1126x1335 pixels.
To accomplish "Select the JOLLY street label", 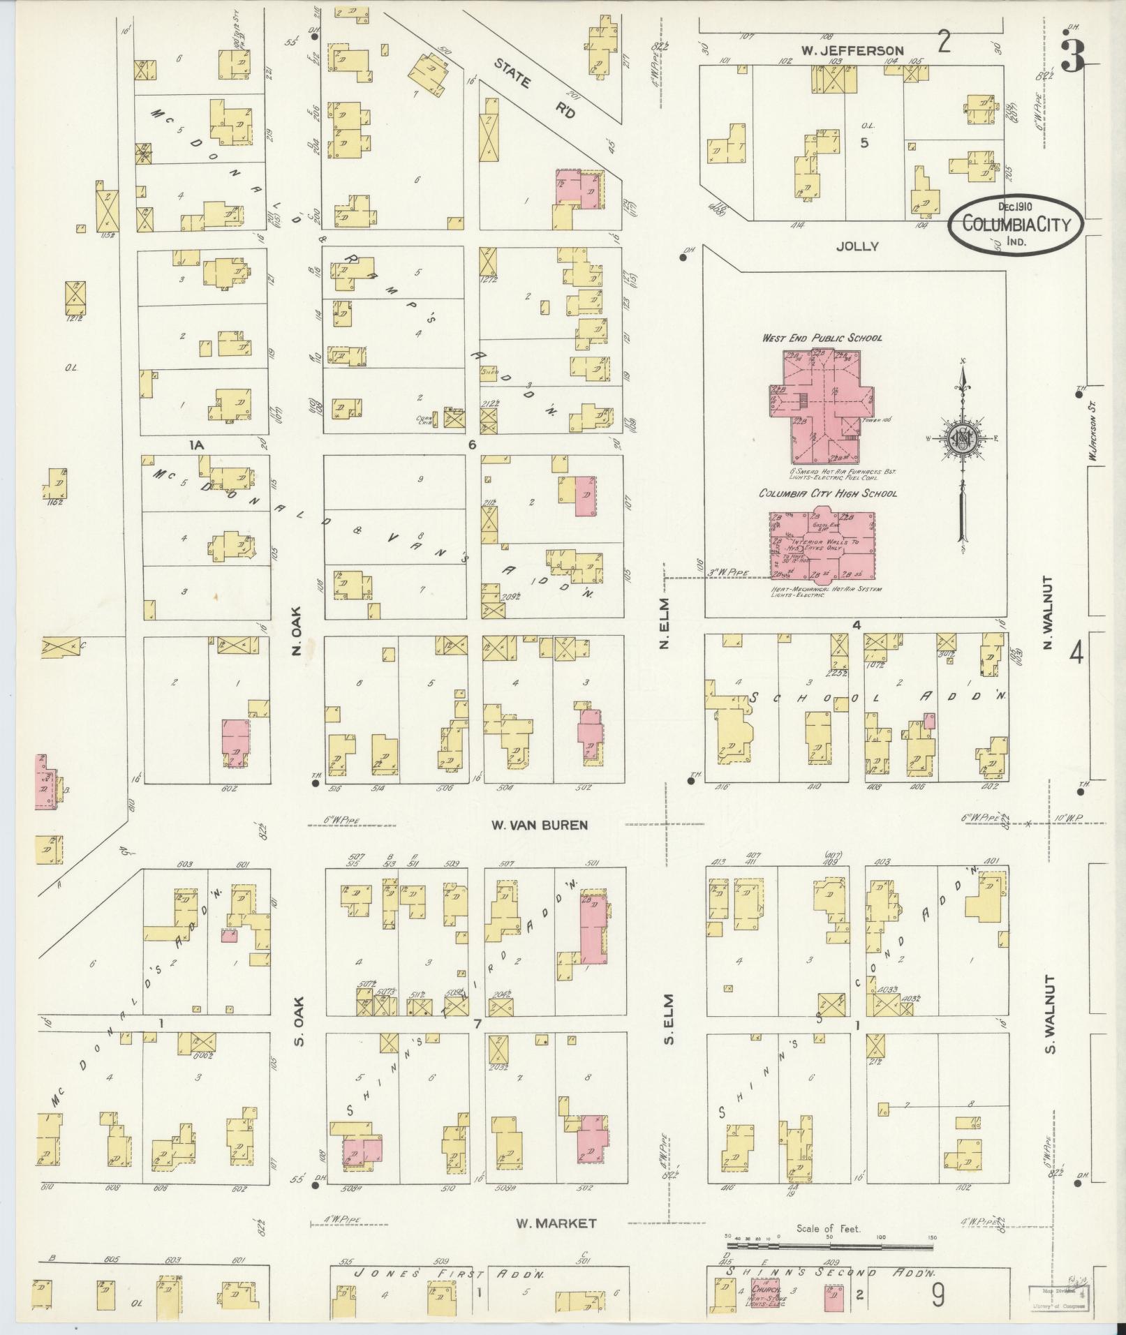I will pyautogui.click(x=860, y=246).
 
